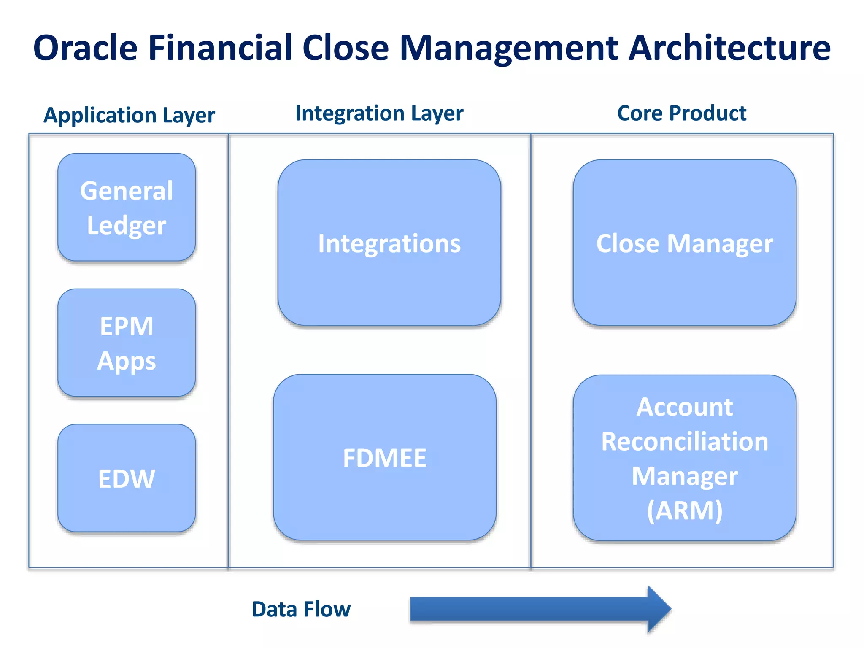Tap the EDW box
pyautogui.click(x=127, y=478)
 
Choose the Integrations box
pyautogui.click(x=389, y=243)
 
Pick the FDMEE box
pyautogui.click(x=384, y=457)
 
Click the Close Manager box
pyautogui.click(x=684, y=243)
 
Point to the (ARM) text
pyautogui.click(x=684, y=510)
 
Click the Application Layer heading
pyautogui.click(x=129, y=115)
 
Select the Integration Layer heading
pyautogui.click(x=379, y=113)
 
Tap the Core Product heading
pyautogui.click(x=681, y=113)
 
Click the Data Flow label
pyautogui.click(x=301, y=609)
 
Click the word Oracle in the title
pyautogui.click(x=86, y=48)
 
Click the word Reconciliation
pyautogui.click(x=684, y=442)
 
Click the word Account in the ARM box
pyautogui.click(x=684, y=407)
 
